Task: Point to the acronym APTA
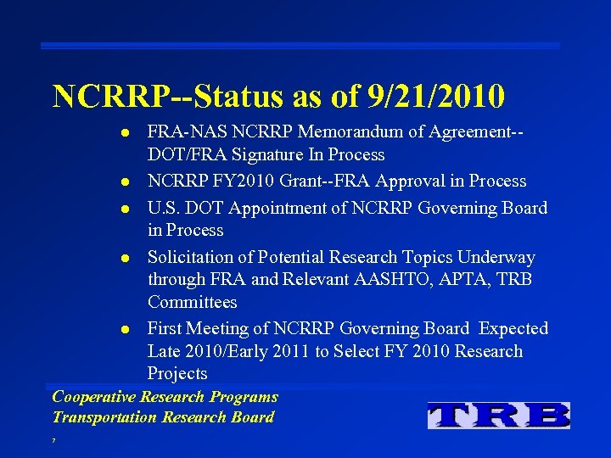[487, 280]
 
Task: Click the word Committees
[192, 303]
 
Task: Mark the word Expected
[512, 328]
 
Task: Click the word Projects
[177, 374]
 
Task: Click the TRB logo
[498, 415]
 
